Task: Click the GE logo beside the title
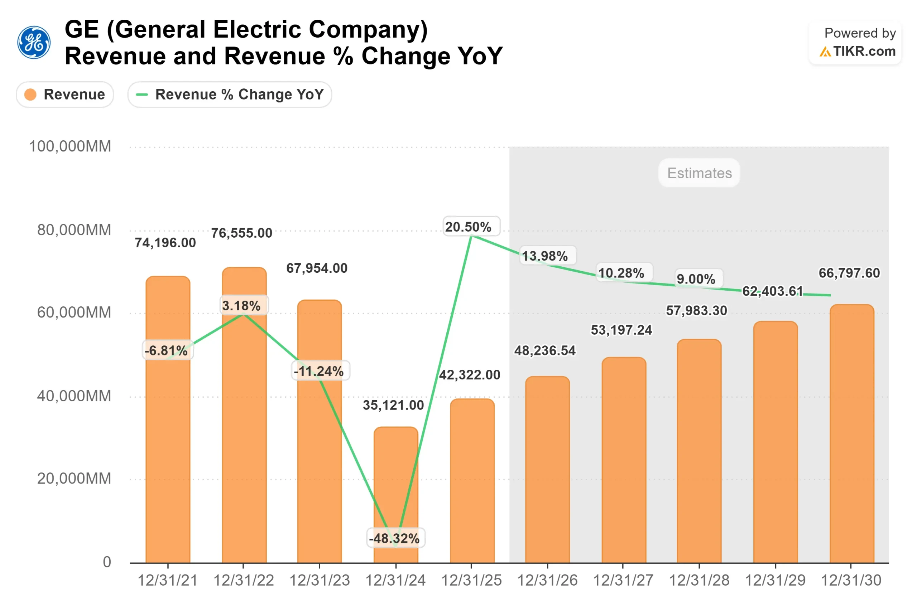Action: pyautogui.click(x=34, y=43)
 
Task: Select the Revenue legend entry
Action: pyautogui.click(x=65, y=94)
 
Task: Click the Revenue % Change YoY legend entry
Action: pyautogui.click(x=230, y=94)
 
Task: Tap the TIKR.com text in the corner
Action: pyautogui.click(x=864, y=52)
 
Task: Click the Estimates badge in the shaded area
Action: pyautogui.click(x=699, y=173)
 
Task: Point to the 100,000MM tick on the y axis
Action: pyautogui.click(x=70, y=146)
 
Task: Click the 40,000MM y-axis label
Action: pyautogui.click(x=74, y=396)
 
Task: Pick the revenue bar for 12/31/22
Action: pyautogui.click(x=244, y=429)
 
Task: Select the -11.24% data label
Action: pyautogui.click(x=319, y=371)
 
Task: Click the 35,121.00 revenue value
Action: pyautogui.click(x=393, y=405)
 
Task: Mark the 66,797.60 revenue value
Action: pyautogui.click(x=849, y=273)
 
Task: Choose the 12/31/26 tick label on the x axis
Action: pyautogui.click(x=547, y=581)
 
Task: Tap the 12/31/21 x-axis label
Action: pyautogui.click(x=168, y=581)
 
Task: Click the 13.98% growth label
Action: pyautogui.click(x=545, y=256)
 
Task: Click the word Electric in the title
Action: pyautogui.click(x=257, y=30)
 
